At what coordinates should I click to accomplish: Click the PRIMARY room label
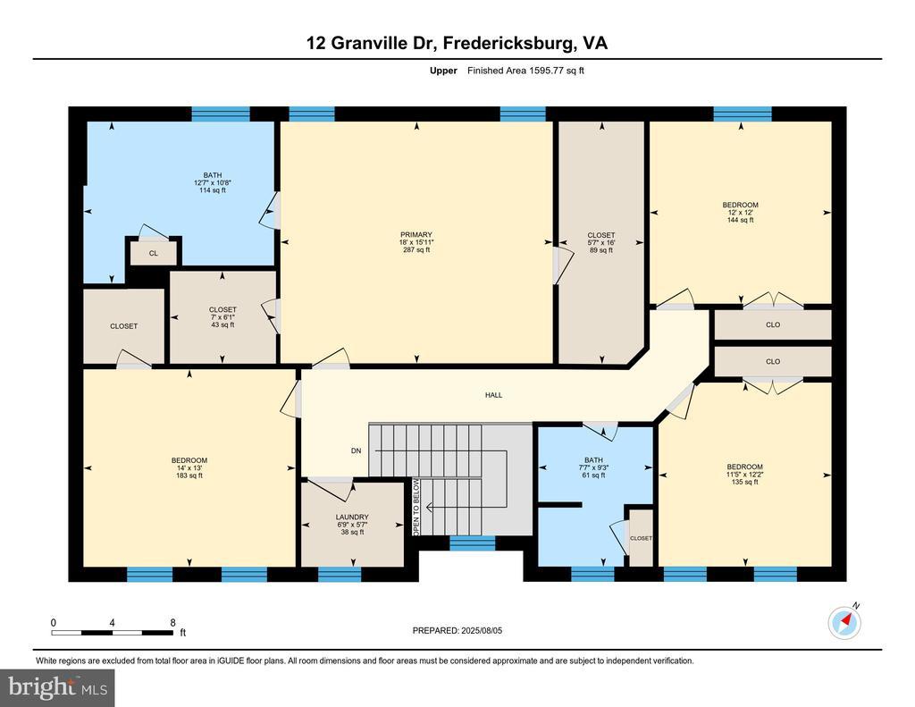[416, 235]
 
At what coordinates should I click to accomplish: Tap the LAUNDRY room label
[352, 517]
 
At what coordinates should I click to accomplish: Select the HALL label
[493, 395]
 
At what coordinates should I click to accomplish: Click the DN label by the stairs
[356, 450]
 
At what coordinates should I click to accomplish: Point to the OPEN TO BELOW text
[416, 508]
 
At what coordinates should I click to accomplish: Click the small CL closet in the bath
[154, 253]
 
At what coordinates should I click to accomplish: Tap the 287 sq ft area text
[416, 250]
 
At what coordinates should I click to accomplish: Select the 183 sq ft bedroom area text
[189, 476]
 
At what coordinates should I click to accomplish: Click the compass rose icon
[844, 622]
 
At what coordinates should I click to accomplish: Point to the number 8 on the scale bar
[172, 623]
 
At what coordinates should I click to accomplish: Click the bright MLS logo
[57, 687]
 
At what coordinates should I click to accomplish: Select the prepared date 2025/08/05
[482, 630]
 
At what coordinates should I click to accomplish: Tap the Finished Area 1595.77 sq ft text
[525, 71]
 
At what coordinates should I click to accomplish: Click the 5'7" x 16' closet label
[601, 243]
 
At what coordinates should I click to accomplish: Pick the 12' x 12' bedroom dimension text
[740, 213]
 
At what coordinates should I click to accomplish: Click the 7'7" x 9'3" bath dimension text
[593, 467]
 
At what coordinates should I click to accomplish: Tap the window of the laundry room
[340, 575]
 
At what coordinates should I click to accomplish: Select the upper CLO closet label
[773, 324]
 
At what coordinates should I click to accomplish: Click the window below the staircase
[472, 543]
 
